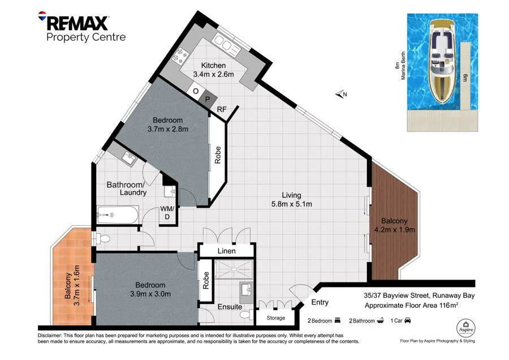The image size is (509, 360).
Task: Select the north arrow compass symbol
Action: [340, 95]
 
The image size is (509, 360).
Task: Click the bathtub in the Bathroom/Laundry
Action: [117, 215]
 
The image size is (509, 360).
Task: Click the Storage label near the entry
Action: [275, 318]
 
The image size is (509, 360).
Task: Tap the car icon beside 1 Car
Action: [408, 321]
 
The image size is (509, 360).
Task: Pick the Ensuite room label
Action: [230, 307]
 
